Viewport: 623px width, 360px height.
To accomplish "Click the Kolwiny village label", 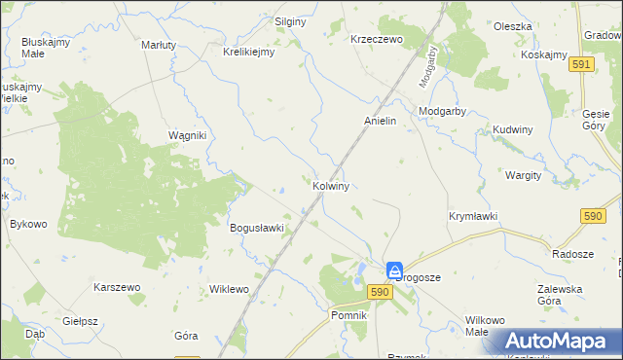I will [x=332, y=185].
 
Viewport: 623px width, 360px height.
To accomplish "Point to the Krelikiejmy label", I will [x=249, y=53].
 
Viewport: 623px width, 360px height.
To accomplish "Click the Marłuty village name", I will [x=159, y=45].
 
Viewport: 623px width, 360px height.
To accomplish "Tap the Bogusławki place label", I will [x=256, y=229].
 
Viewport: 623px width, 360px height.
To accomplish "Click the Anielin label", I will [x=380, y=122].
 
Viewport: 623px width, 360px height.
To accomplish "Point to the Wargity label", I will [x=523, y=175].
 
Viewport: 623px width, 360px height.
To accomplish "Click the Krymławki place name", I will [x=473, y=216].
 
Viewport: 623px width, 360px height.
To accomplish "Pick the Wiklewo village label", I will [x=230, y=289].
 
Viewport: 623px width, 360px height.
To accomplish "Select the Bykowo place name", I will [x=28, y=224].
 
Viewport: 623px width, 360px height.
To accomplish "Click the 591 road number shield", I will [x=582, y=63].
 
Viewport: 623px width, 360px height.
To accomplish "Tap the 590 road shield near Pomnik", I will [x=380, y=292].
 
